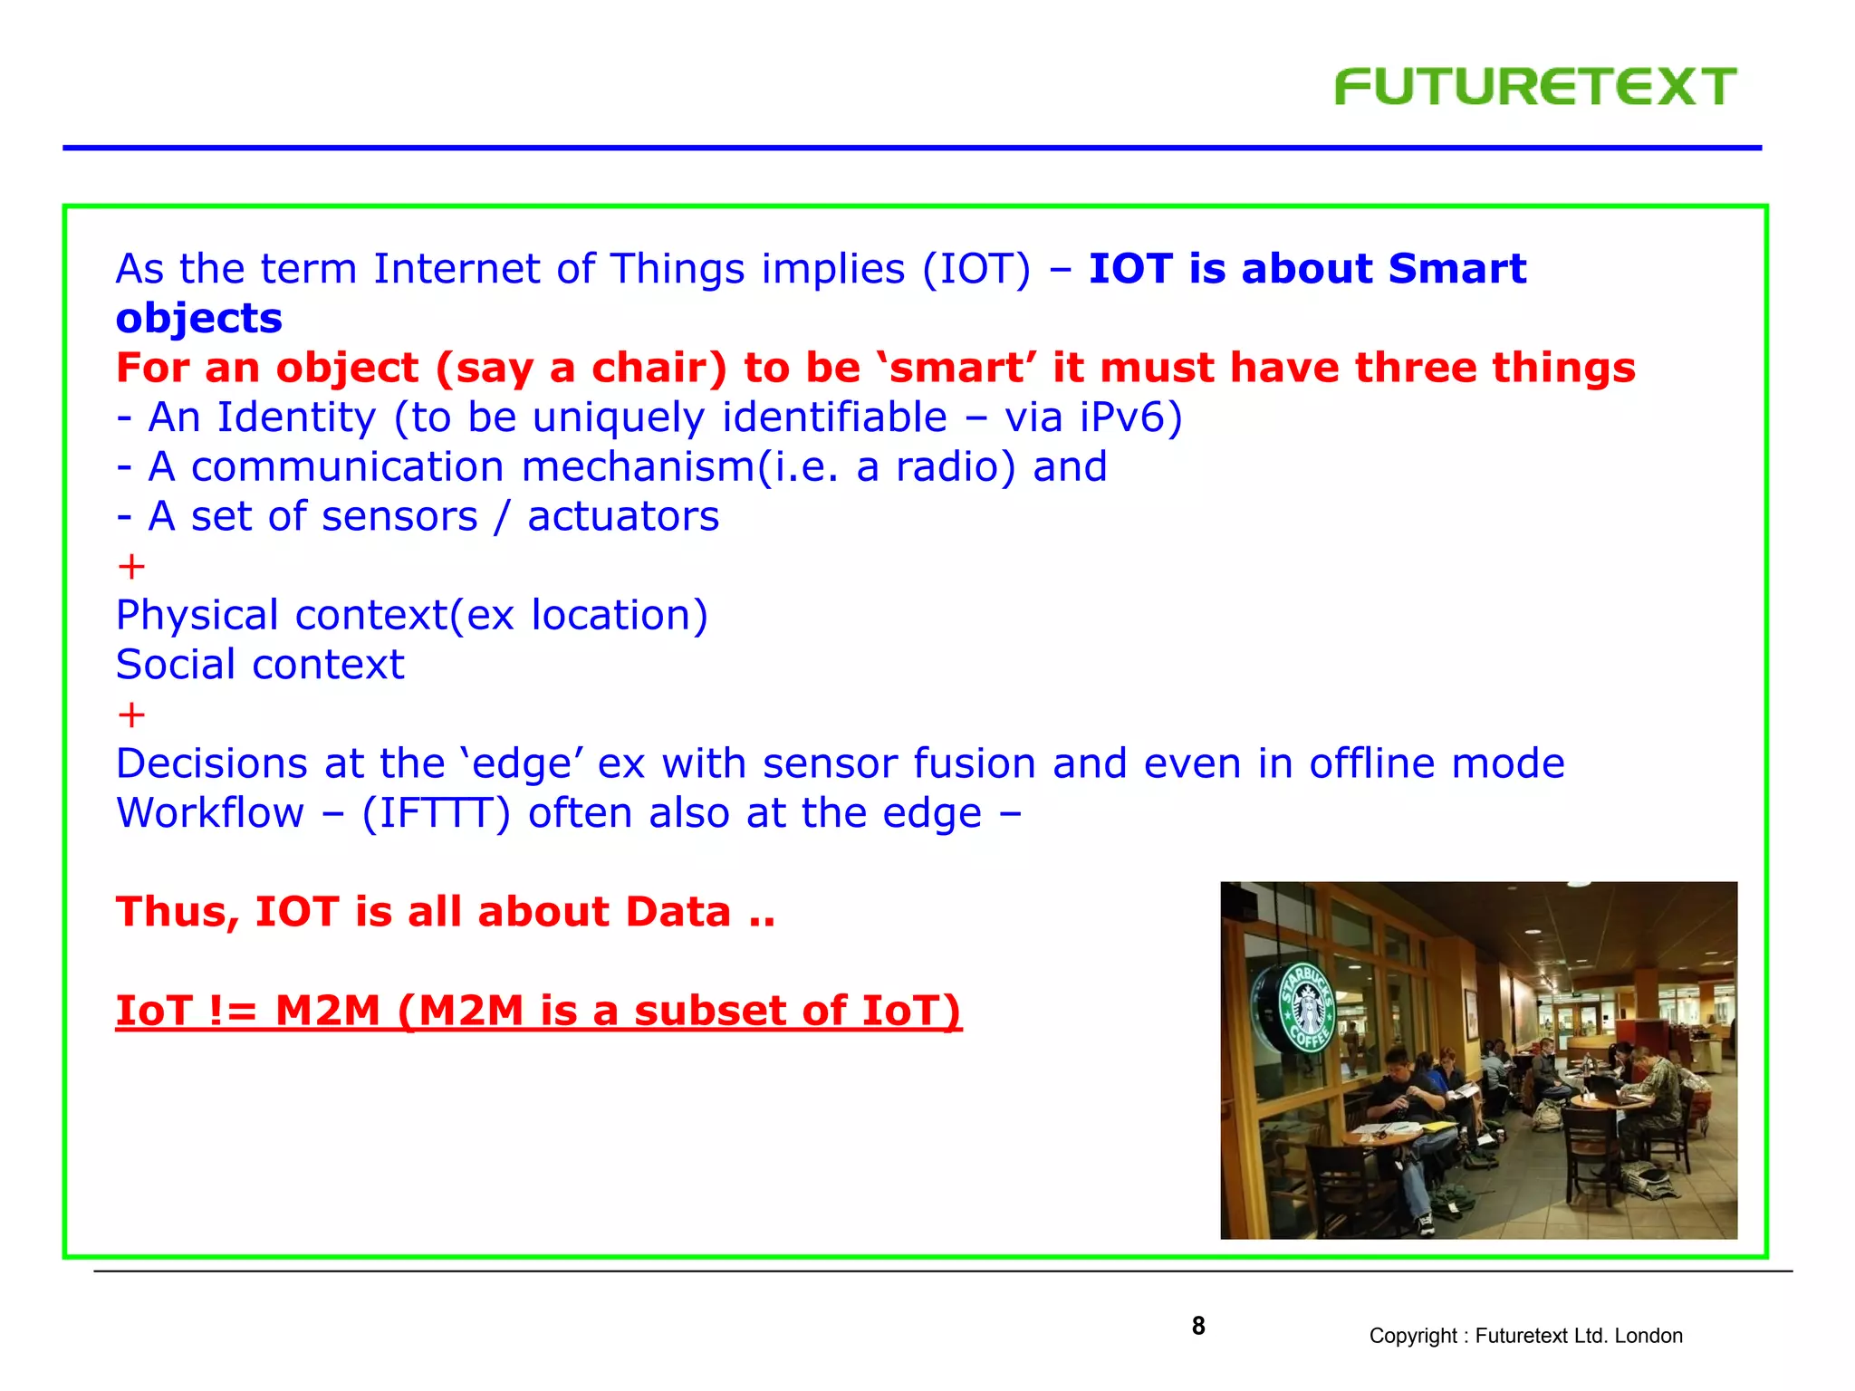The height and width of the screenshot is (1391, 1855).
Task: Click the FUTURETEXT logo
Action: [1534, 87]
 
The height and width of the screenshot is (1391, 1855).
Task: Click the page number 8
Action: [1197, 1326]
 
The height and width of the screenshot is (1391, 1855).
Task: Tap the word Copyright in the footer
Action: [1412, 1336]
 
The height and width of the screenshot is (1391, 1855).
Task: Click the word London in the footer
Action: [1648, 1336]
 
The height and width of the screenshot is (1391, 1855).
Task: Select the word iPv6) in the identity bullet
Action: [1130, 417]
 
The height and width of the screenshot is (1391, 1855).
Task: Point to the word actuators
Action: [623, 516]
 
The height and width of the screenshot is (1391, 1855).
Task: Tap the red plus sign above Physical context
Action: [131, 567]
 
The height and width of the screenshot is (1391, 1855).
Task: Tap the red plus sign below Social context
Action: [131, 715]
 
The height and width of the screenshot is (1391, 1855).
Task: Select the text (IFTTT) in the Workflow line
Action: [436, 813]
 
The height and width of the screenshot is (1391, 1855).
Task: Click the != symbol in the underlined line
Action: [233, 1011]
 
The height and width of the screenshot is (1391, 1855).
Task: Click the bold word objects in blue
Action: [199, 319]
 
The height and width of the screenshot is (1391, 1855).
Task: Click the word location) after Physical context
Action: [619, 616]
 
